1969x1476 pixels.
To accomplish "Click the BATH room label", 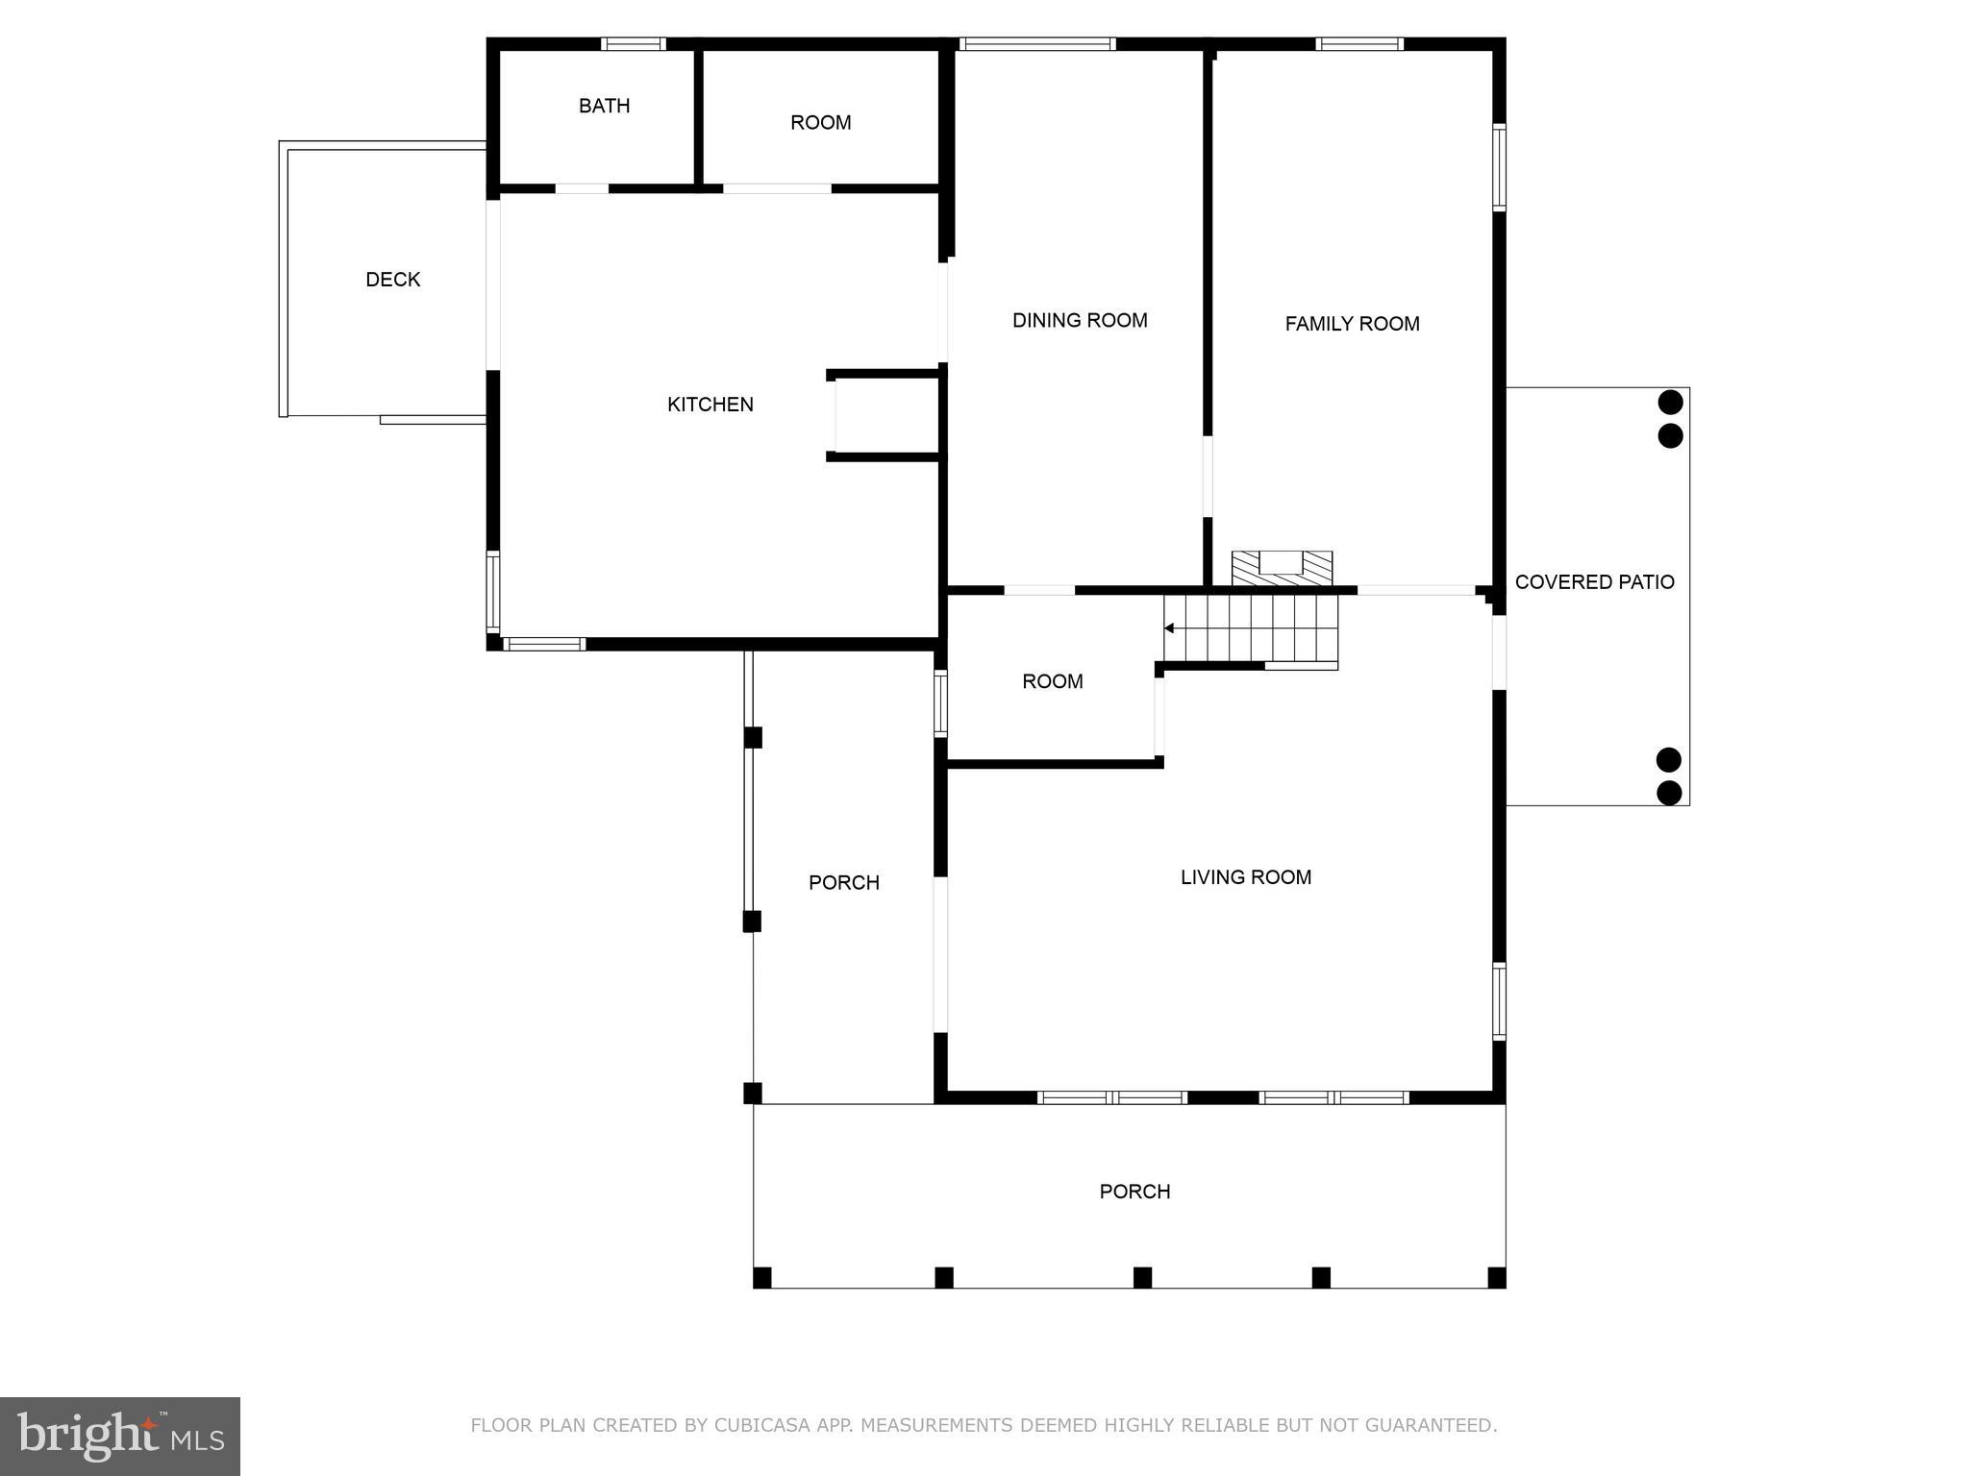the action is pyautogui.click(x=604, y=106).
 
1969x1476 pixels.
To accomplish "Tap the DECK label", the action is pyautogui.click(x=392, y=280).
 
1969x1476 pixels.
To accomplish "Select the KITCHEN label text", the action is pyautogui.click(x=710, y=405).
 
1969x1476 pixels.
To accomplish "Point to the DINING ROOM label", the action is pyautogui.click(x=1080, y=320).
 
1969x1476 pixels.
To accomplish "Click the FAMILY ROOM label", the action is pyautogui.click(x=1352, y=324).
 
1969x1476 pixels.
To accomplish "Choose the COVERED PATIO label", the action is pyautogui.click(x=1594, y=581).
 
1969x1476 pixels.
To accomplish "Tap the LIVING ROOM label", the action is pyautogui.click(x=1246, y=877).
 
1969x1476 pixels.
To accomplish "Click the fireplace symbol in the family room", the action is pyautogui.click(x=1283, y=568).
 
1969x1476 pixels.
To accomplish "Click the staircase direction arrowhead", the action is pyautogui.click(x=1169, y=628).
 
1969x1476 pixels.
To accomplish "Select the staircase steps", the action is pyautogui.click(x=1251, y=628).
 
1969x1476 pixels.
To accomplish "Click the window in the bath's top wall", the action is pyautogui.click(x=634, y=43).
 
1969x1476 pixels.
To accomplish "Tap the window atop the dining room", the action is pyautogui.click(x=1037, y=43).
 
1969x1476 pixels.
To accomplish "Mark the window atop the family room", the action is pyautogui.click(x=1359, y=43).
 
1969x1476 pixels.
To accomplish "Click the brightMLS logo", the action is pyautogui.click(x=120, y=1436).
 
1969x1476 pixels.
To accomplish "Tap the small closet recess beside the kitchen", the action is pyautogui.click(x=885, y=415).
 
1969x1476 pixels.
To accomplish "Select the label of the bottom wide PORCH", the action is pyautogui.click(x=1134, y=1192).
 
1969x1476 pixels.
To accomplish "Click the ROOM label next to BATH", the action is pyautogui.click(x=820, y=123).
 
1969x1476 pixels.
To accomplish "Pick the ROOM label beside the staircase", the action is pyautogui.click(x=1052, y=681).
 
